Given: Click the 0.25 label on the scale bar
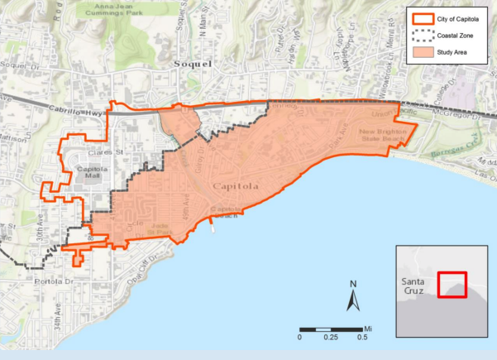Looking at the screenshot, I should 331,338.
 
